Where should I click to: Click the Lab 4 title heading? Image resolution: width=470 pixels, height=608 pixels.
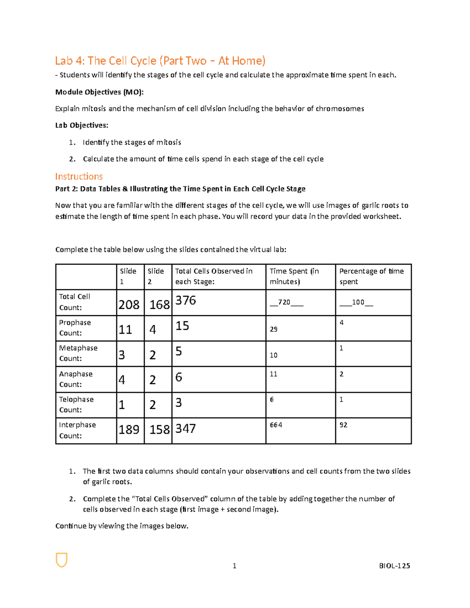[x=160, y=61]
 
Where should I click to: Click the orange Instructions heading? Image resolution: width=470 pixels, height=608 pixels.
[x=79, y=176]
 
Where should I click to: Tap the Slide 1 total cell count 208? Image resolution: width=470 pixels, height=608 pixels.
[x=129, y=304]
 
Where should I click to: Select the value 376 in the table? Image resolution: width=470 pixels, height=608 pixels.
[x=186, y=300]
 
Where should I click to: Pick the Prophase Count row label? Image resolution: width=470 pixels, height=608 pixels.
[x=75, y=328]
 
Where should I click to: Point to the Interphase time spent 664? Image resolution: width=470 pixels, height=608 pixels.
[x=276, y=425]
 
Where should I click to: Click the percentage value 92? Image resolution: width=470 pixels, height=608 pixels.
[x=343, y=425]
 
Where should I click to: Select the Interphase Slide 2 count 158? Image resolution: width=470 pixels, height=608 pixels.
[x=159, y=429]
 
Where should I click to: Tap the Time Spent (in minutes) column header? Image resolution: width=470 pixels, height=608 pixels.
[x=294, y=276]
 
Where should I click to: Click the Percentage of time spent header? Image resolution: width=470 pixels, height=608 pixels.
[x=371, y=276]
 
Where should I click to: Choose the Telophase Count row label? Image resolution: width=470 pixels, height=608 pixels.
[x=76, y=404]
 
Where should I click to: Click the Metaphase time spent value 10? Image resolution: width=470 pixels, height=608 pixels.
[x=273, y=355]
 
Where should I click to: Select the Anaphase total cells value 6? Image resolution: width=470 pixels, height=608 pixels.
[x=179, y=377]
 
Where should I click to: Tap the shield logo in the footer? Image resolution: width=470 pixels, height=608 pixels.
[x=61, y=560]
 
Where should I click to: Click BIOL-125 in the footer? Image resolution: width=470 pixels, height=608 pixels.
[x=394, y=565]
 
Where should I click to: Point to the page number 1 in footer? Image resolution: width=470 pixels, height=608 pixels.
[x=234, y=565]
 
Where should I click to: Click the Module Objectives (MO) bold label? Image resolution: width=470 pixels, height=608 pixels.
[x=99, y=92]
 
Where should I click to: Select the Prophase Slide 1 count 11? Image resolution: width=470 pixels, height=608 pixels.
[x=125, y=329]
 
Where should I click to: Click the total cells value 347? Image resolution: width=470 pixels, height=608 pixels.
[x=185, y=428]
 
